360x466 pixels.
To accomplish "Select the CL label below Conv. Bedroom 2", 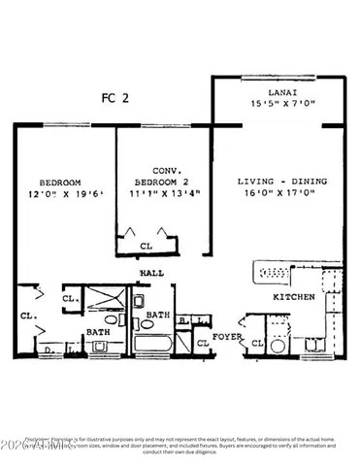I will click(x=146, y=246).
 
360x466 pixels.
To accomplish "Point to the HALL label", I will click(x=150, y=275).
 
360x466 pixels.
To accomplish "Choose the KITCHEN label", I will click(x=293, y=297).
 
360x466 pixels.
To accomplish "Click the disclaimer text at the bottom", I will click(x=180, y=443).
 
